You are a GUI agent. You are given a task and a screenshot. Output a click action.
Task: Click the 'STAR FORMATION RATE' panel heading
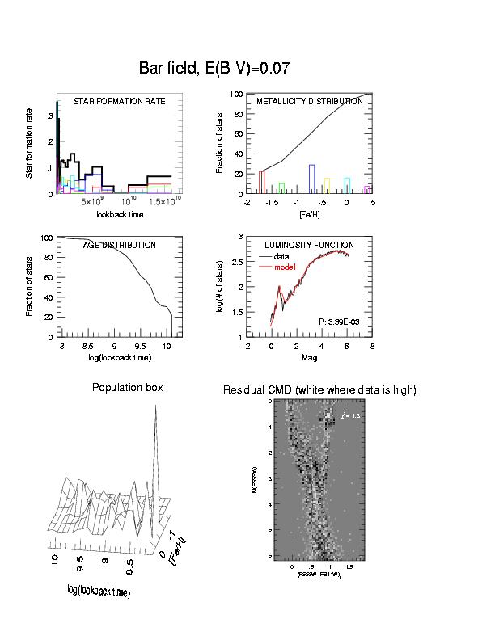[120, 103]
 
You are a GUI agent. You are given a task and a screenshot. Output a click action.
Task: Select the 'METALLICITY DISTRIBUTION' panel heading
[310, 103]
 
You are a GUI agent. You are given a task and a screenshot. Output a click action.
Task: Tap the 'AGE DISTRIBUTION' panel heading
[120, 246]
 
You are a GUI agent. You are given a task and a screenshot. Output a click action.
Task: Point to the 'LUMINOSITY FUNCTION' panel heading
[310, 246]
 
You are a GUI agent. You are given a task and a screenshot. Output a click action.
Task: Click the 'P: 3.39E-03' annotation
[341, 322]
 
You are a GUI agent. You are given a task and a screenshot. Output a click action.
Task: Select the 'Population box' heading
[128, 388]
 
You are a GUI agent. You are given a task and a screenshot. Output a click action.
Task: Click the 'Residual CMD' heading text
[319, 390]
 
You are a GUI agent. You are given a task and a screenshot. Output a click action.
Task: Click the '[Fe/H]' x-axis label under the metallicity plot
[310, 215]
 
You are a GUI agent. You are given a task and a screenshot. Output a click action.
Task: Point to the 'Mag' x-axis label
[310, 358]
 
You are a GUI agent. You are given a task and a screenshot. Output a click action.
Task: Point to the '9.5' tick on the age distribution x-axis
[141, 345]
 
